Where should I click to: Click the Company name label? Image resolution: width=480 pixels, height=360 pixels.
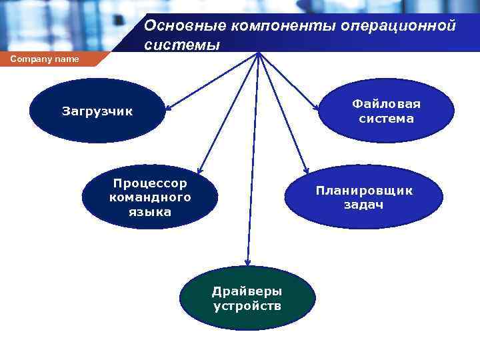(x=45, y=59)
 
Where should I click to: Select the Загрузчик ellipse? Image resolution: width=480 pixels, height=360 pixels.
(x=97, y=111)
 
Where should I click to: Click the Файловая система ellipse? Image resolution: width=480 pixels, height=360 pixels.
(x=386, y=111)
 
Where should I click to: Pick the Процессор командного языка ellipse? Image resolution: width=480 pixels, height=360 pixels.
(x=150, y=197)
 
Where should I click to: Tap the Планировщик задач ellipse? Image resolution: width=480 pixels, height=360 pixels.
(x=364, y=197)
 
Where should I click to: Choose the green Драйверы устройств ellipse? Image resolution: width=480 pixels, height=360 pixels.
(x=247, y=298)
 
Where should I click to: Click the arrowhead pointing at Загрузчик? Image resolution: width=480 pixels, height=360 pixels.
(x=169, y=107)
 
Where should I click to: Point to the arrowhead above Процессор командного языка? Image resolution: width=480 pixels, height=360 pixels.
(x=200, y=171)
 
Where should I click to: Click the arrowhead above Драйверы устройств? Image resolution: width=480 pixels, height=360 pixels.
(x=247, y=261)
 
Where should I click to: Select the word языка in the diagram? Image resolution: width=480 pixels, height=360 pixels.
(x=150, y=212)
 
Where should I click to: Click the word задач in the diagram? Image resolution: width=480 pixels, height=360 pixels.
(x=363, y=205)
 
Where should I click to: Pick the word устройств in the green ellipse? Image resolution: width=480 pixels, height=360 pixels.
(x=247, y=306)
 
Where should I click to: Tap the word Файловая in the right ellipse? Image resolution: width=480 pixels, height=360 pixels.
(x=386, y=104)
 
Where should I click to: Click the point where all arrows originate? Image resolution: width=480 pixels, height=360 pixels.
(x=259, y=53)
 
